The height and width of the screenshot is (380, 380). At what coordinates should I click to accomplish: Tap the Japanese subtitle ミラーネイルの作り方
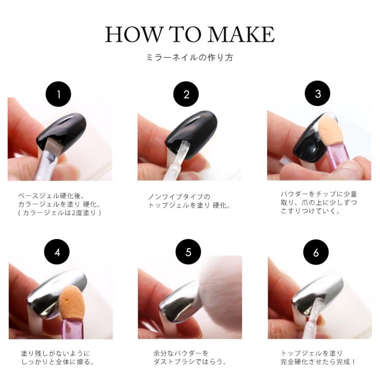coord(190,57)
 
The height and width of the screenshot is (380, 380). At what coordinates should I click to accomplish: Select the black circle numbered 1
coord(58,94)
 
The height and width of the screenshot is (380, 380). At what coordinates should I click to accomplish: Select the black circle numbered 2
coord(186,94)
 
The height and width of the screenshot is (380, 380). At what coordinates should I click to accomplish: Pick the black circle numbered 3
coord(318,94)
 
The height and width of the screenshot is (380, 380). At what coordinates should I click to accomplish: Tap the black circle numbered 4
coord(57,252)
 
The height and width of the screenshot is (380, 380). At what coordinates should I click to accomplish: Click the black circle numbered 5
coord(188,252)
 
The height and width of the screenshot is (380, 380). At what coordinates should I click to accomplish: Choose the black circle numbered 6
coord(316,252)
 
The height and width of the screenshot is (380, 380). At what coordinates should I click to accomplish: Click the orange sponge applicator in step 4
coord(69,302)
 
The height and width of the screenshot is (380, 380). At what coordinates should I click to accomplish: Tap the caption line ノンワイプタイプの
coord(179,197)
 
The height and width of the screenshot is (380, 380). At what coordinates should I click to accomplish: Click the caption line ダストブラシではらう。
coord(190,362)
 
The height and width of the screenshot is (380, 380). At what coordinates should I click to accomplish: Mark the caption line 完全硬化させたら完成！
coord(318,362)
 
